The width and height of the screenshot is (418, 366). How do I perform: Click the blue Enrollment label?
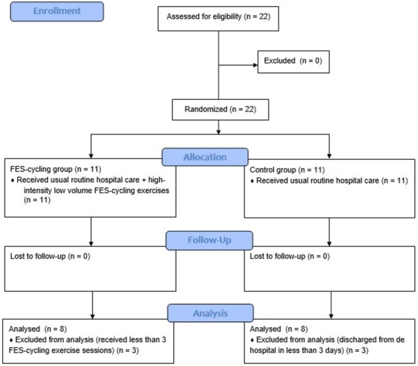pyautogui.click(x=57, y=11)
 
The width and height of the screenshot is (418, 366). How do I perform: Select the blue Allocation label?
pyautogui.click(x=205, y=157)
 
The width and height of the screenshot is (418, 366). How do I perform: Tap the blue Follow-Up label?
pyautogui.click(x=209, y=240)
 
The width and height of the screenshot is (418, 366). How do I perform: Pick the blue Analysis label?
pyautogui.click(x=210, y=313)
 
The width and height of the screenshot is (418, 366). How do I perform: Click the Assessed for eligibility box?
pyautogui.click(x=218, y=19)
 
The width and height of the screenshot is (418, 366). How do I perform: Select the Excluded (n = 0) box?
pyautogui.click(x=294, y=61)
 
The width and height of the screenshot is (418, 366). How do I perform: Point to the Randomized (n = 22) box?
pyautogui.click(x=220, y=110)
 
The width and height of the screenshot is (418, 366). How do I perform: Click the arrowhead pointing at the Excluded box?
pyautogui.click(x=255, y=65)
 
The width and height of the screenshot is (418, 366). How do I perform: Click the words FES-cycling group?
pyautogui.click(x=41, y=169)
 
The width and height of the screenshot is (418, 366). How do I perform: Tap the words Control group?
pyautogui.click(x=273, y=170)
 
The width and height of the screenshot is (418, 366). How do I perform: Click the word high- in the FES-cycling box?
pyautogui.click(x=157, y=180)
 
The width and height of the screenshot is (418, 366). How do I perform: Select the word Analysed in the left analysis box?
pyautogui.click(x=24, y=329)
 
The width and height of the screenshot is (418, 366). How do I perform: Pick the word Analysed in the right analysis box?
pyautogui.click(x=265, y=329)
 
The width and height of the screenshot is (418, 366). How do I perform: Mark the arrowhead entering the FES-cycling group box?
pyautogui.click(x=91, y=156)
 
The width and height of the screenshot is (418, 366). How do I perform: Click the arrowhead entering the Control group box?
pyautogui.click(x=329, y=156)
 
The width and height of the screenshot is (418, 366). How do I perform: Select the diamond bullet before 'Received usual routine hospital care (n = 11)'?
pyautogui.click(x=252, y=181)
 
